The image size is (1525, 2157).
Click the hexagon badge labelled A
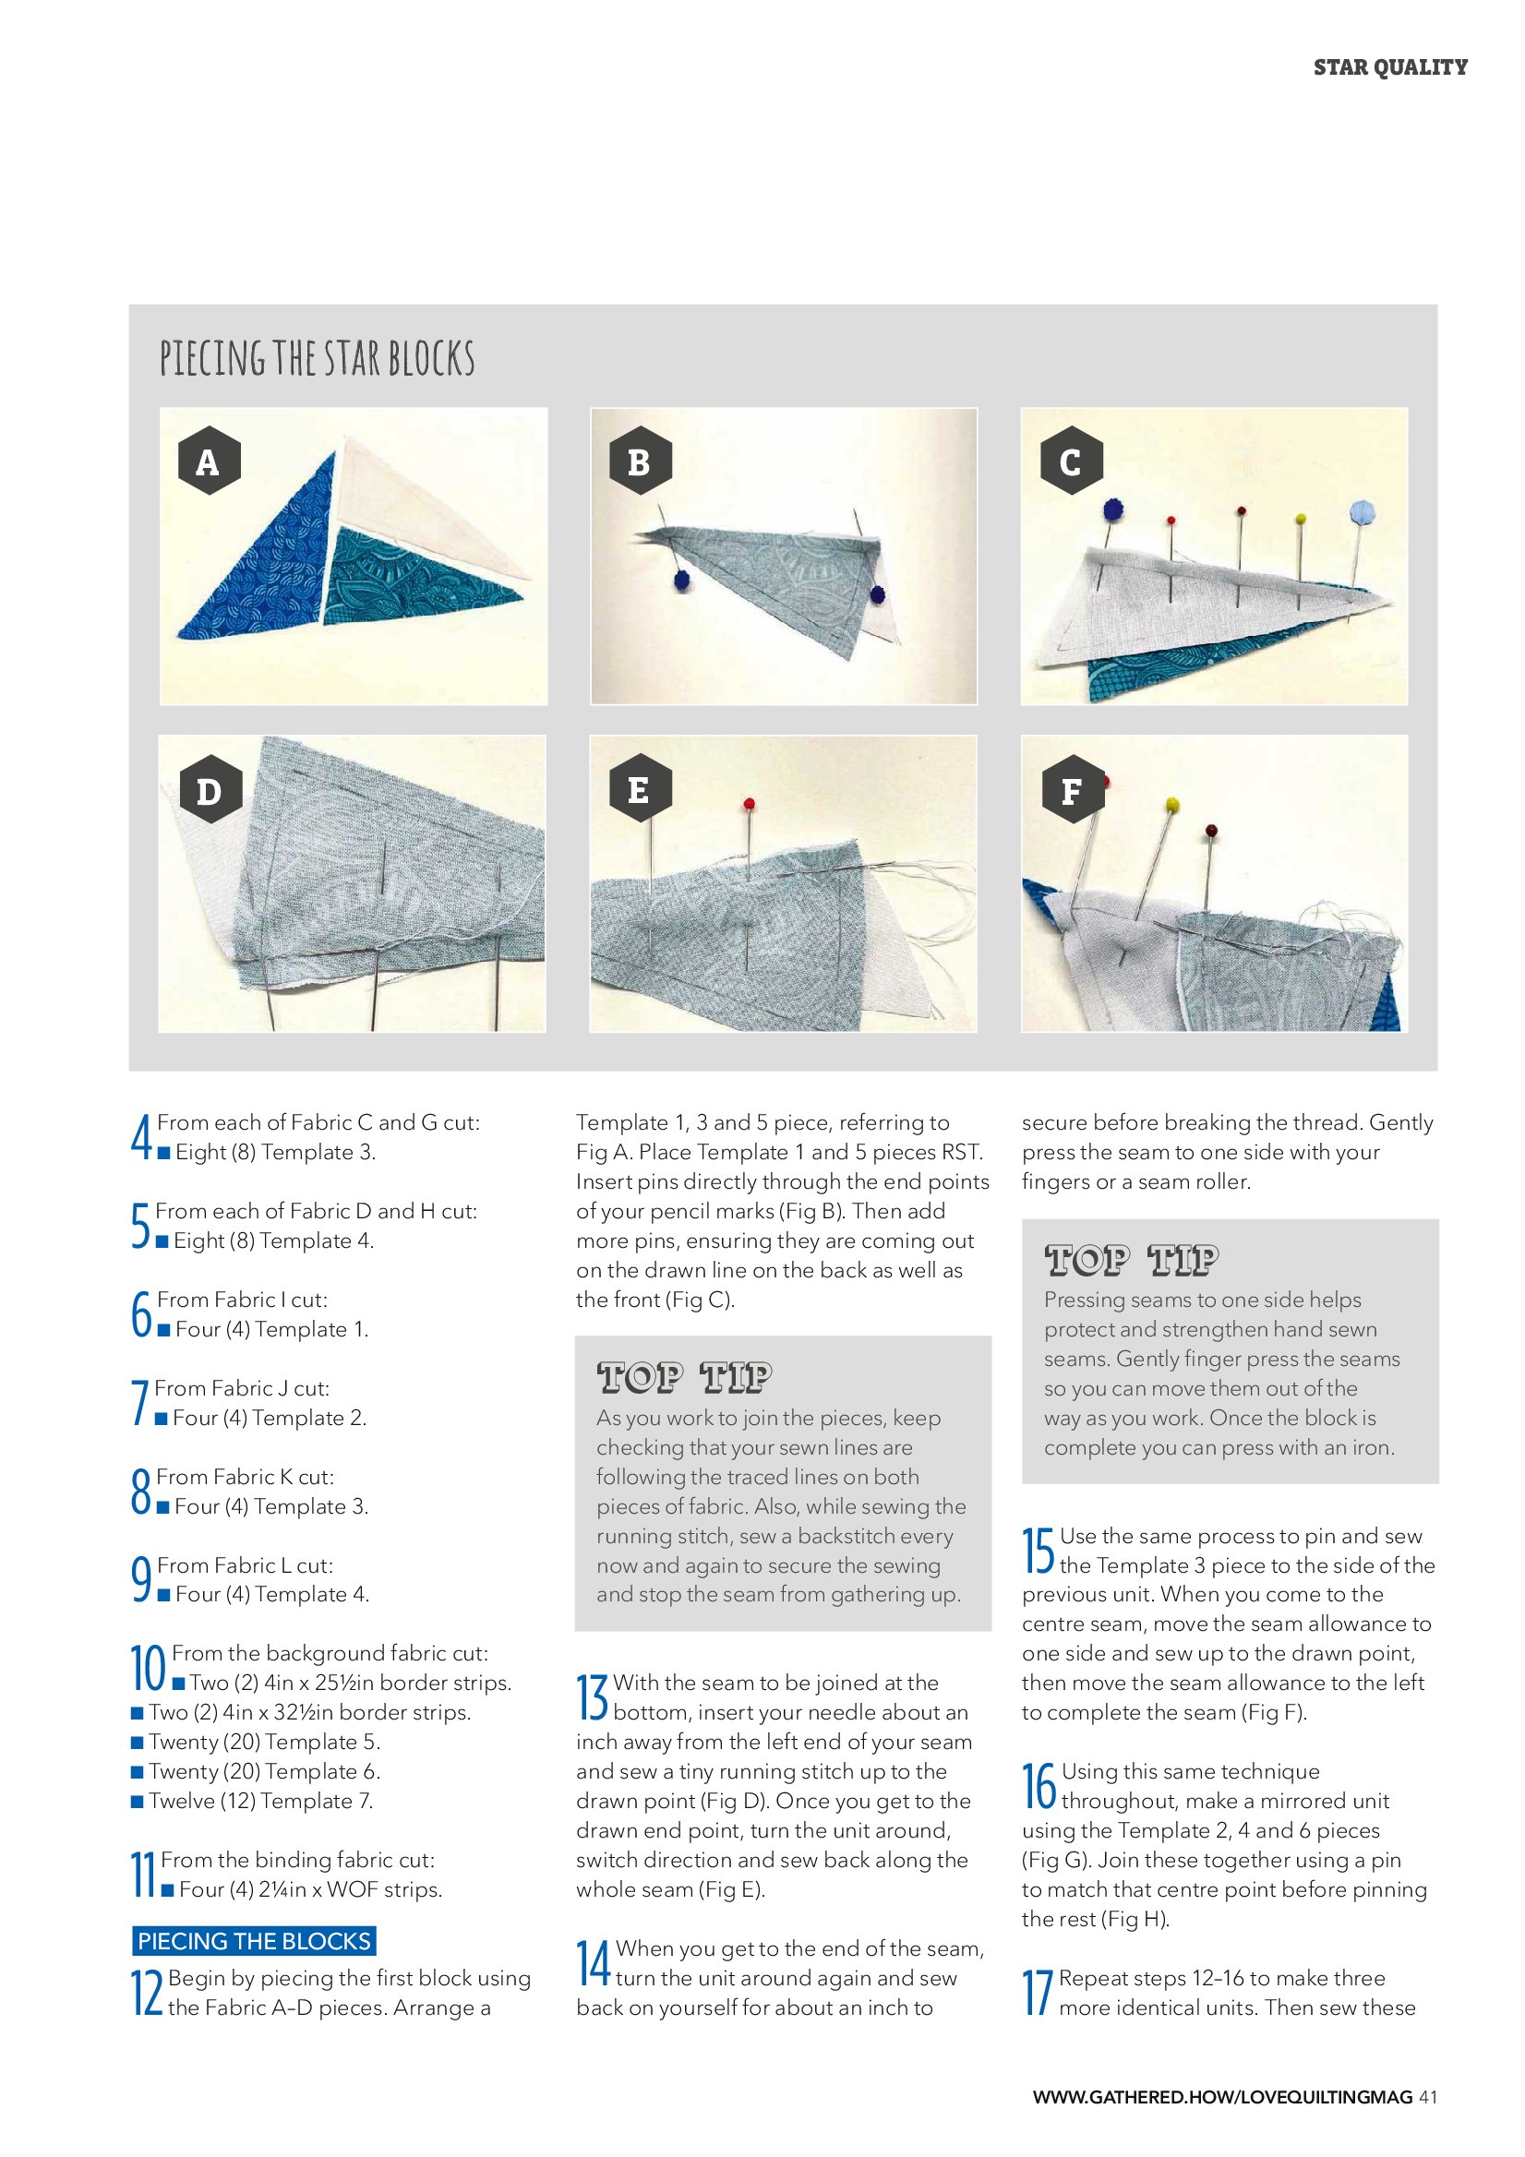tap(209, 461)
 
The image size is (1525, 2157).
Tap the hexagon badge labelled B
tap(639, 461)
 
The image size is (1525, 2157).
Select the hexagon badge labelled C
tap(1071, 461)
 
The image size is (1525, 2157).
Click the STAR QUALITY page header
tap(1389, 67)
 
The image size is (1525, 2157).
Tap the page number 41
tap(1427, 2096)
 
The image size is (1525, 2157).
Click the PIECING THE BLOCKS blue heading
tap(254, 1940)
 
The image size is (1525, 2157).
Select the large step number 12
tap(148, 1992)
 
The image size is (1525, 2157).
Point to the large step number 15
tap(1039, 1549)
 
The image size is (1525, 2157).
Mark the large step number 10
tap(149, 1668)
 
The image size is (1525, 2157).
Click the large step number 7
tap(140, 1402)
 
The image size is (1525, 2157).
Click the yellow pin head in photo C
tap(1301, 519)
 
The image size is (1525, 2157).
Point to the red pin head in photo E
tap(749, 804)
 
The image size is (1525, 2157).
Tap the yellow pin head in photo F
tap(1171, 804)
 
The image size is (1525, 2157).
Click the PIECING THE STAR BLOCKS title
tap(318, 358)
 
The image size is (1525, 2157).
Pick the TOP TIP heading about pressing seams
tap(1132, 1260)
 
